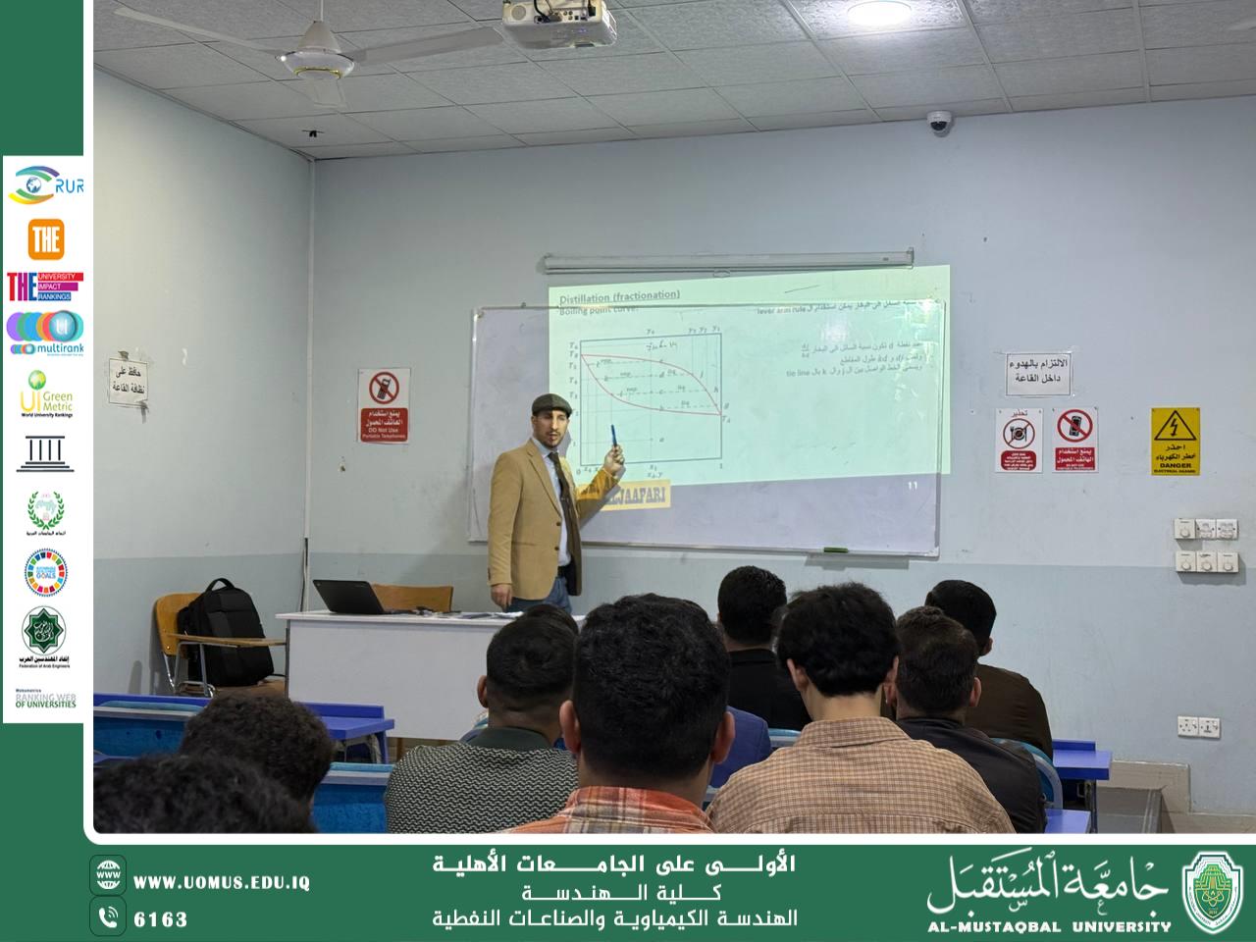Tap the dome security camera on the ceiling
click(x=940, y=122)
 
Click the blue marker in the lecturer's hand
click(x=614, y=437)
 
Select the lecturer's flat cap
click(x=548, y=403)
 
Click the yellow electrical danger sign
click(x=1175, y=441)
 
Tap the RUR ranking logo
click(x=45, y=184)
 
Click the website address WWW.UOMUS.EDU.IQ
click(x=222, y=882)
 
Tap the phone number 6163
click(x=160, y=919)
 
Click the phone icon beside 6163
click(x=107, y=917)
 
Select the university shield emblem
click(x=1214, y=890)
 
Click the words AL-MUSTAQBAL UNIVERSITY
click(x=1049, y=925)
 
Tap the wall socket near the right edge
click(x=1198, y=726)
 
